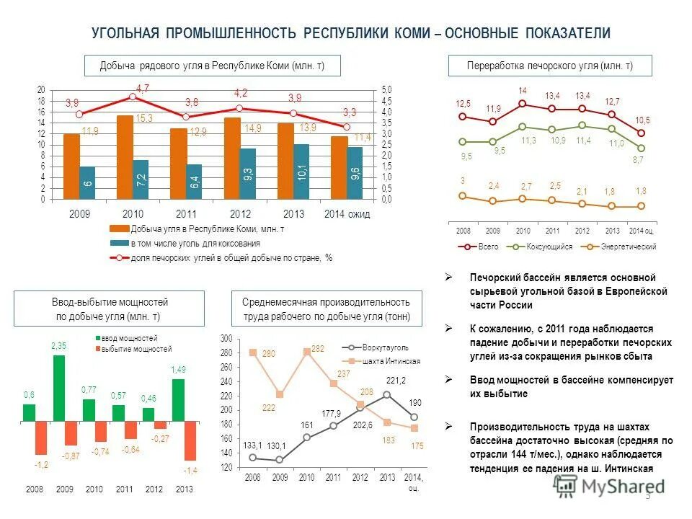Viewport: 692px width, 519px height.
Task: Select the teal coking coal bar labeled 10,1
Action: [x=302, y=172]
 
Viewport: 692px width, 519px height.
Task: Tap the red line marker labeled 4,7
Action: [x=133, y=97]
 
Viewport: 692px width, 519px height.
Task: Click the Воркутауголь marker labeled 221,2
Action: [x=387, y=394]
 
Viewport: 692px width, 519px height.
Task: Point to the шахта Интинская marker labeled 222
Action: [x=280, y=394]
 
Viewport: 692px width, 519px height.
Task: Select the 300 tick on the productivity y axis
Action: [x=226, y=338]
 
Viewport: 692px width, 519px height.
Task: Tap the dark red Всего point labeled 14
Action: [x=523, y=104]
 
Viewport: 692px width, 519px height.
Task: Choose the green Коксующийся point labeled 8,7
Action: [x=642, y=148]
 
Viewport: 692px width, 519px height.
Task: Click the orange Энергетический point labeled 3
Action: [x=463, y=195]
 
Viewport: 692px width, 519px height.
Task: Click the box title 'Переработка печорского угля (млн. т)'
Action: [x=550, y=66]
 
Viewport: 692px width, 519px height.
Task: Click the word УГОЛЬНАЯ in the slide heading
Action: [x=125, y=34]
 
